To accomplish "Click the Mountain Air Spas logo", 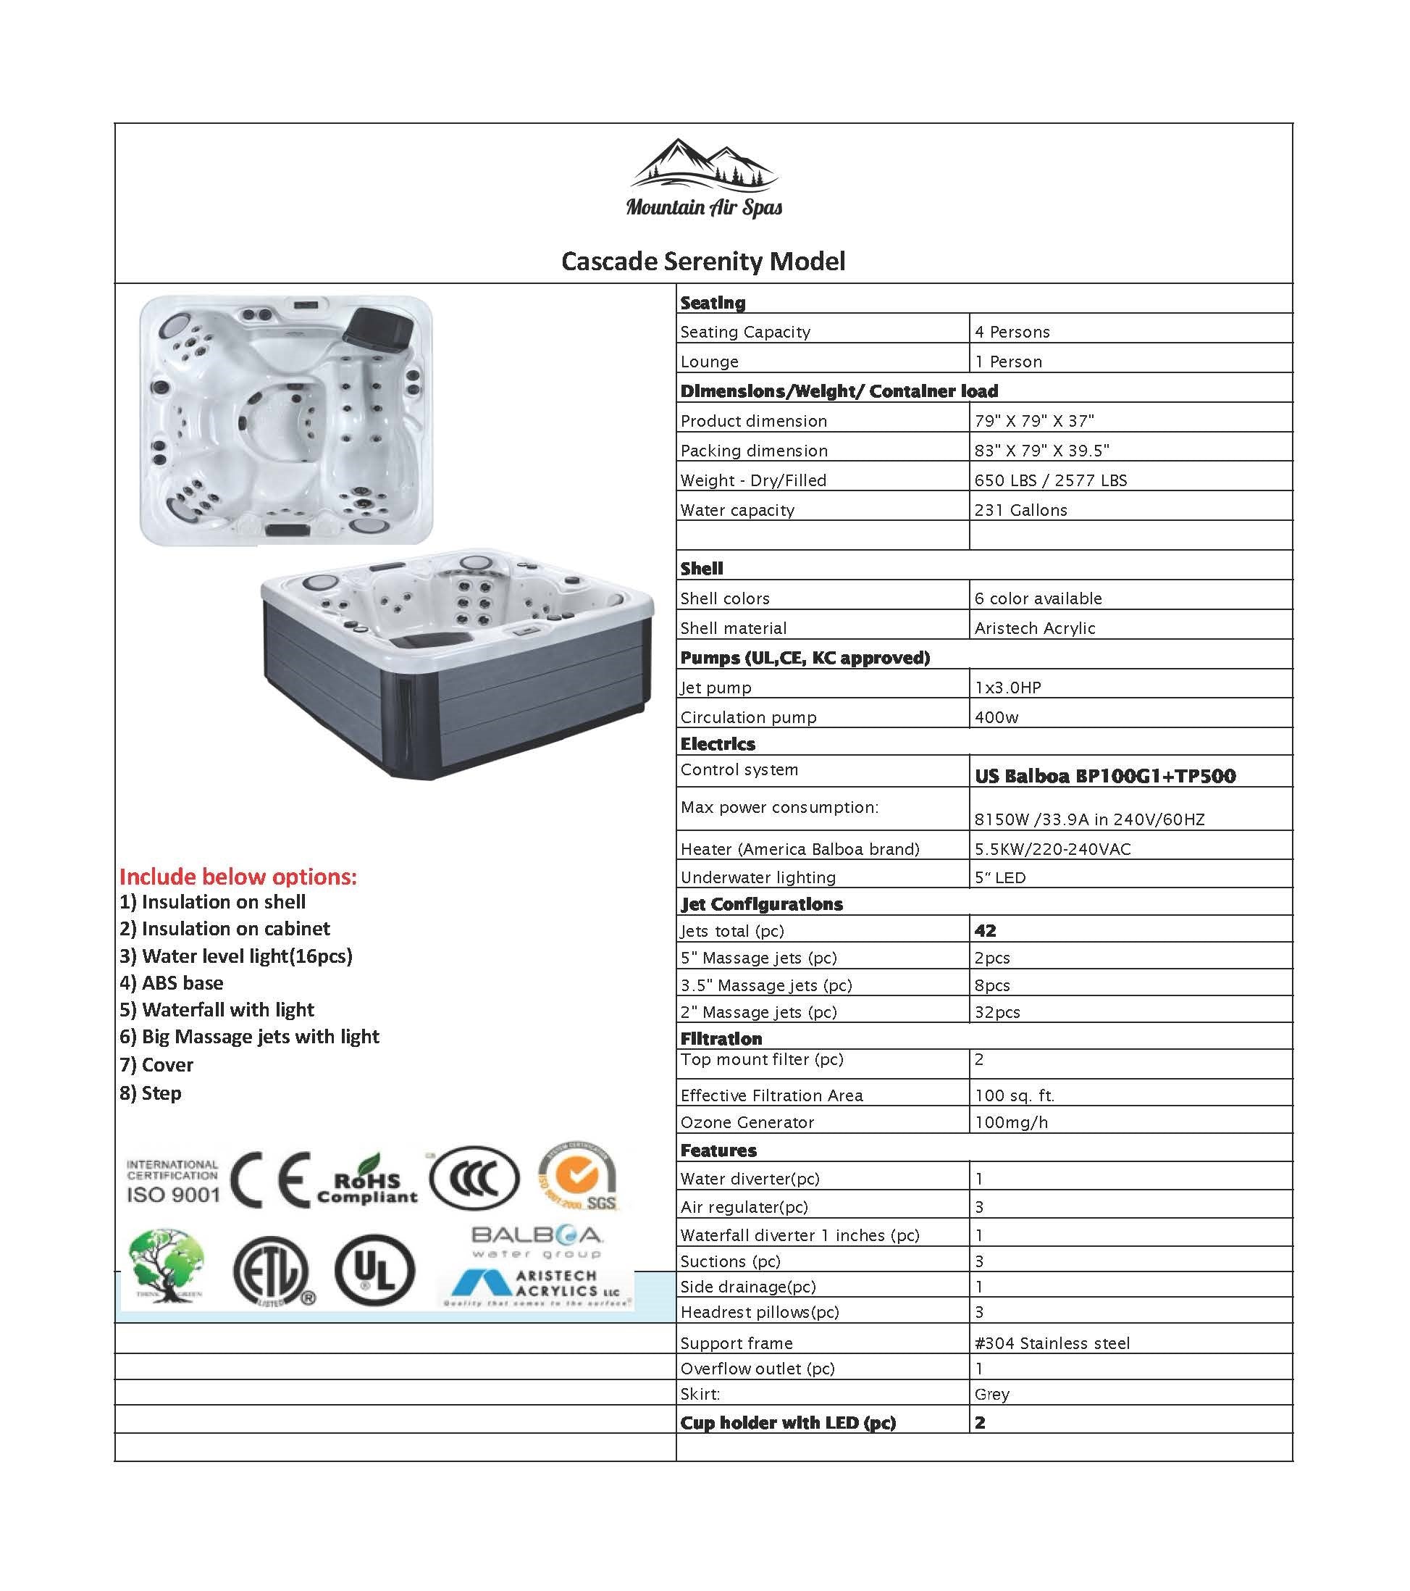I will pos(703,178).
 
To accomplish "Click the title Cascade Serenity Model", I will pos(702,261).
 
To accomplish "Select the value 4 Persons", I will pos(1012,332).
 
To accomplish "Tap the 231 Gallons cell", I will pos(1020,510).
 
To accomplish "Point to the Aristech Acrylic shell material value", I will pos(1034,628).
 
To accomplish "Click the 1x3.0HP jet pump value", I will pos(1007,688).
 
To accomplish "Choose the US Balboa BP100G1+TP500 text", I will pos(1105,775).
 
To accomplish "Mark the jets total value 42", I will pos(985,930).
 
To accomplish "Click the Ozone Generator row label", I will pos(747,1122).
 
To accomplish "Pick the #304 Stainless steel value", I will pos(1052,1342).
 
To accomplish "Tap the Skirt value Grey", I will pos(991,1394).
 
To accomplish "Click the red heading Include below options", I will pos(238,877).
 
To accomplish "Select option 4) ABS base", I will pos(171,982).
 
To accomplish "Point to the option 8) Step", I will pos(150,1093).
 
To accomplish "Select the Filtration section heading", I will pos(721,1038).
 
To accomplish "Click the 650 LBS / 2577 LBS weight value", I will pos(1051,480).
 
